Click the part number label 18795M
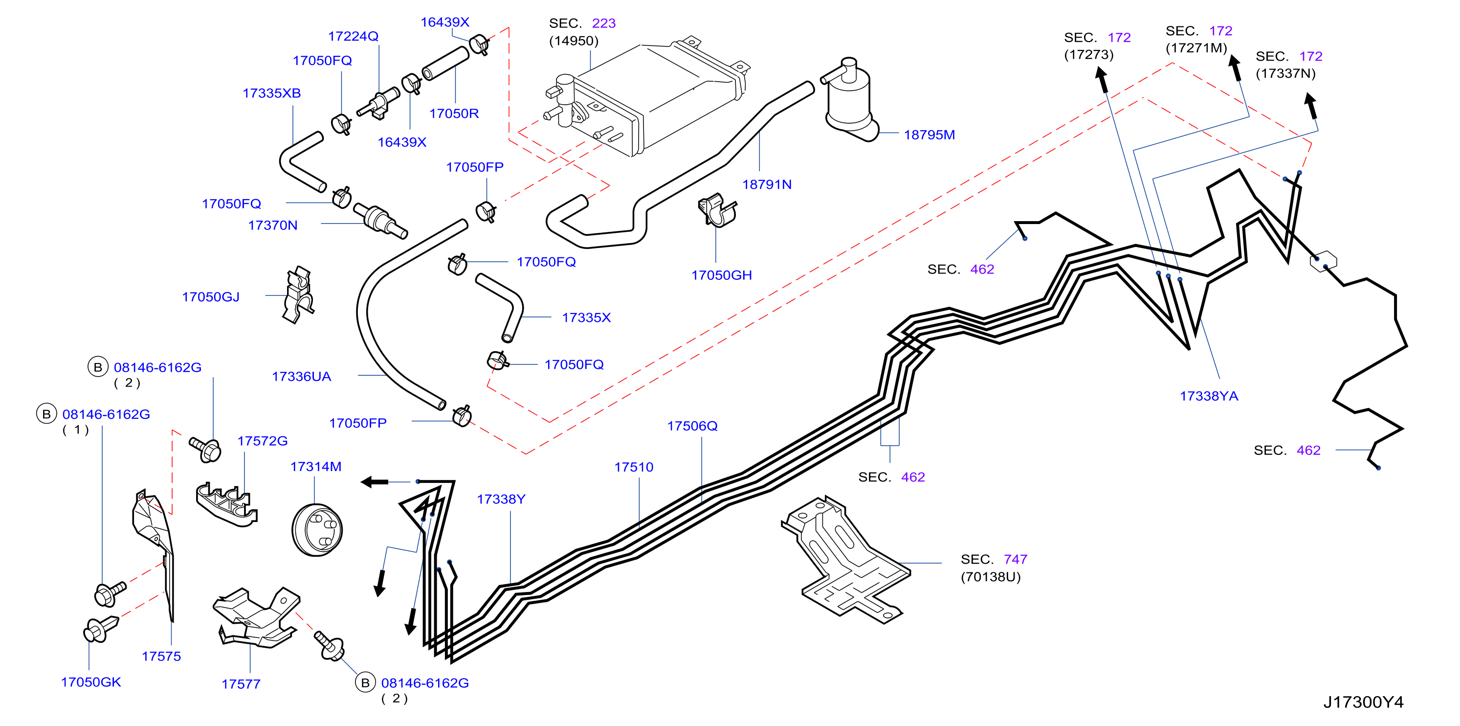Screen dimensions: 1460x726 (x=929, y=135)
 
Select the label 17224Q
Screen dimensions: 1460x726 (x=353, y=36)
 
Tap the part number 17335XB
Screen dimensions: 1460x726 (x=271, y=93)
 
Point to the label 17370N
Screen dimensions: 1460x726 (x=273, y=225)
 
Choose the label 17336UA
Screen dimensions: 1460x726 (x=302, y=377)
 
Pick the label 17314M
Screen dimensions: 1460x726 (x=316, y=467)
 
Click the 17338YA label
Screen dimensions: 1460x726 (x=1209, y=396)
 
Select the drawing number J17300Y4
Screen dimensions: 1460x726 (x=1363, y=702)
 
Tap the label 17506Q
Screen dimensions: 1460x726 (x=692, y=426)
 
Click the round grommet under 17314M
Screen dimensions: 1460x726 (x=317, y=530)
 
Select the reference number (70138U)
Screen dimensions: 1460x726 (x=990, y=577)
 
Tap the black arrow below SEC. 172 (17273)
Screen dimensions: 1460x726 (x=1102, y=80)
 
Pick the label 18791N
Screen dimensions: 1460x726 (x=767, y=184)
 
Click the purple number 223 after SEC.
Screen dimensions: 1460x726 (x=604, y=23)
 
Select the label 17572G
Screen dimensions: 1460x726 (x=263, y=441)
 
